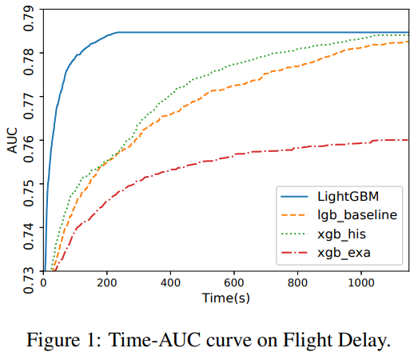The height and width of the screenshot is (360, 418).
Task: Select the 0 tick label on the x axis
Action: pos(43,284)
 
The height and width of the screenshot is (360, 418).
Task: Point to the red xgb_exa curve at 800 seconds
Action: pos(297,147)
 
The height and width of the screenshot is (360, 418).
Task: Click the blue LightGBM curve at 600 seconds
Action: pos(233,33)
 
